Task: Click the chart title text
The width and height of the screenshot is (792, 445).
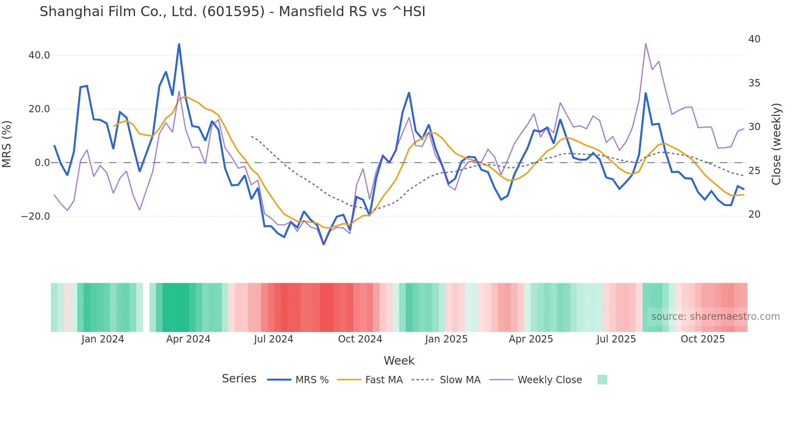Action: [x=232, y=12]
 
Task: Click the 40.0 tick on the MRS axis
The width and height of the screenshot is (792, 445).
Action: [x=39, y=55]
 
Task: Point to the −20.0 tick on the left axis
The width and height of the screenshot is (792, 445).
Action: [x=36, y=216]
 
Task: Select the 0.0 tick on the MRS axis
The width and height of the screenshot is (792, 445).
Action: [x=42, y=163]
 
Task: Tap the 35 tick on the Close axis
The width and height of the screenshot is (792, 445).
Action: [x=754, y=83]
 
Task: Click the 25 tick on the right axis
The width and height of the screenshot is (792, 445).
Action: [x=754, y=171]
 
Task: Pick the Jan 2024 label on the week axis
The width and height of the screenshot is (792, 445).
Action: [x=103, y=339]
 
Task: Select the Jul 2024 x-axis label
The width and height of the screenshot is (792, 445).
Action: [x=274, y=339]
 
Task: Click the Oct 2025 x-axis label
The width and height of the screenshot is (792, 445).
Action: [x=703, y=339]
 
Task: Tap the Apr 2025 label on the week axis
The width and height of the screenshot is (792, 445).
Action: [x=531, y=339]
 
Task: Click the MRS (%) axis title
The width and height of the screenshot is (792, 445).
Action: [x=7, y=144]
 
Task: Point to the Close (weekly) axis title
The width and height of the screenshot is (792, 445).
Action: [x=776, y=144]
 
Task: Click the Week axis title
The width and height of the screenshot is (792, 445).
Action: [x=399, y=361]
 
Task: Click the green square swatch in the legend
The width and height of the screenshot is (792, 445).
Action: [x=602, y=380]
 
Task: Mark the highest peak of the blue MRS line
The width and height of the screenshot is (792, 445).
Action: [x=179, y=44]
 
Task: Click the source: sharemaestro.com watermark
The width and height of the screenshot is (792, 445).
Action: [x=715, y=317]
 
